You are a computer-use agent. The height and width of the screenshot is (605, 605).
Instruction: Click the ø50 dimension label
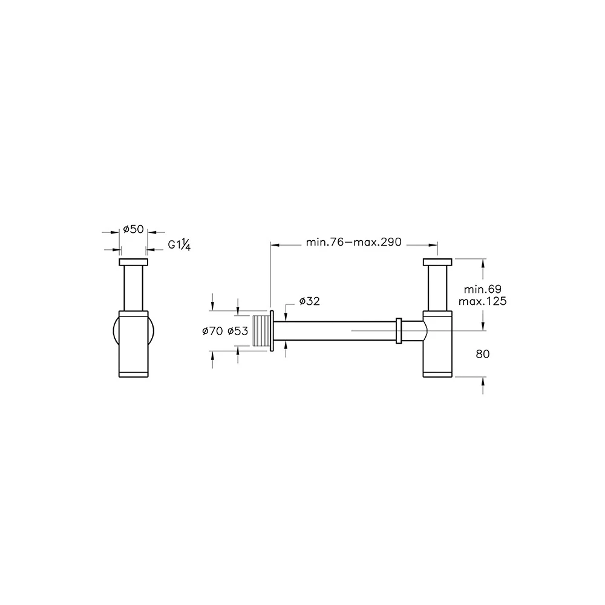(x=134, y=229)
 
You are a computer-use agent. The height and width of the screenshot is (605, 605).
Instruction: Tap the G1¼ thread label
(x=180, y=244)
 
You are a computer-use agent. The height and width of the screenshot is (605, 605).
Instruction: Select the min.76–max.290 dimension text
(x=354, y=242)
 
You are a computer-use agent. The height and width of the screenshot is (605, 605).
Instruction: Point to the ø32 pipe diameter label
(x=309, y=301)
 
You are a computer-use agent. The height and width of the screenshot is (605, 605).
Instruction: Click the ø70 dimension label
(x=212, y=331)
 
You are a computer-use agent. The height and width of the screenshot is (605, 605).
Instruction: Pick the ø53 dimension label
(x=238, y=331)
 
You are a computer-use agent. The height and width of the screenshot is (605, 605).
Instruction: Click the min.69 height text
(x=482, y=289)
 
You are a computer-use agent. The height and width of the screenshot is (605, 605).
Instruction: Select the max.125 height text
(x=482, y=301)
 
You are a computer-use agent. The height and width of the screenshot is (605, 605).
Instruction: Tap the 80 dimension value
(x=483, y=354)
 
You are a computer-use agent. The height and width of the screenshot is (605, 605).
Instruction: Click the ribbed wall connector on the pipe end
(x=261, y=331)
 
